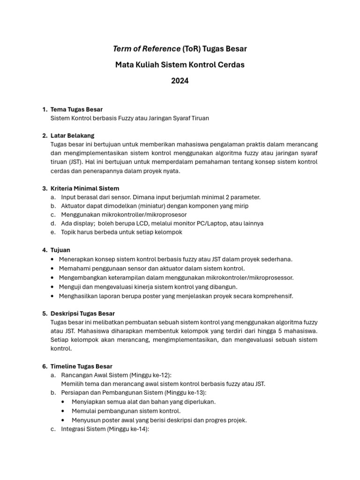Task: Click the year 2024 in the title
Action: (180, 81)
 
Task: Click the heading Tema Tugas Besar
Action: (76, 110)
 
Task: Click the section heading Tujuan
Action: (60, 250)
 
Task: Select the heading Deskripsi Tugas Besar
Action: (82, 313)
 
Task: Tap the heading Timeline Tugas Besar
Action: (81, 366)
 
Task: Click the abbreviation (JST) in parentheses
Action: (75, 162)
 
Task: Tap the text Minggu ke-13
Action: (187, 393)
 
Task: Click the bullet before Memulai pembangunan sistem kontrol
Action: (63, 411)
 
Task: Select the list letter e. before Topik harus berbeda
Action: (53, 232)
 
